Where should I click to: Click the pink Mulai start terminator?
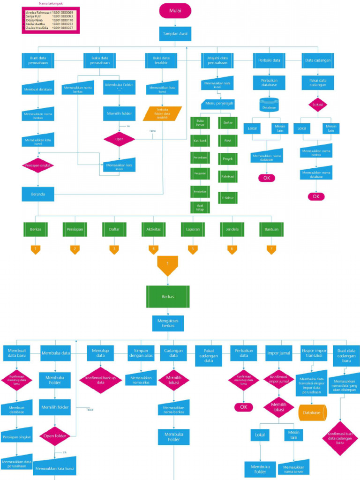pyautogui.click(x=175, y=10)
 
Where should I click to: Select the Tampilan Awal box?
pyautogui.click(x=175, y=34)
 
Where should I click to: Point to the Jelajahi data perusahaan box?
pyautogui.click(x=217, y=60)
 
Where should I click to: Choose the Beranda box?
pyautogui.click(x=37, y=194)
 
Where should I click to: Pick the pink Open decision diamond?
pyautogui.click(x=119, y=139)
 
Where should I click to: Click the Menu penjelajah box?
pyautogui.click(x=218, y=104)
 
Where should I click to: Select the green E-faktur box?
pyautogui.click(x=228, y=198)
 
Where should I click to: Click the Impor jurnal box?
pyautogui.click(x=277, y=353)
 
